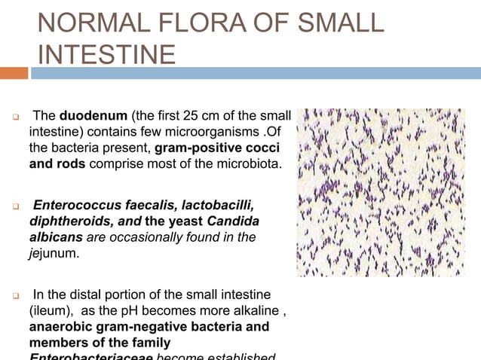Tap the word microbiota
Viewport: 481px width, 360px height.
coord(241,164)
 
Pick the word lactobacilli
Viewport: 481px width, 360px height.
coord(213,206)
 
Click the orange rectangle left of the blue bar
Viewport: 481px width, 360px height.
coord(14,73)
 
